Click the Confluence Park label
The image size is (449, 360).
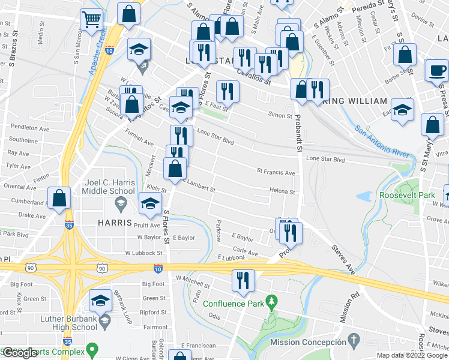point(234,304)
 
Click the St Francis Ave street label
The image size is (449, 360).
point(276,172)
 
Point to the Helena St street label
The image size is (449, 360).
point(282,193)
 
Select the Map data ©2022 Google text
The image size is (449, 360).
point(412,355)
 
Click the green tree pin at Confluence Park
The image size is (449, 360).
point(273,300)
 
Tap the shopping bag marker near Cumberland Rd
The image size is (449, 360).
point(59,198)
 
